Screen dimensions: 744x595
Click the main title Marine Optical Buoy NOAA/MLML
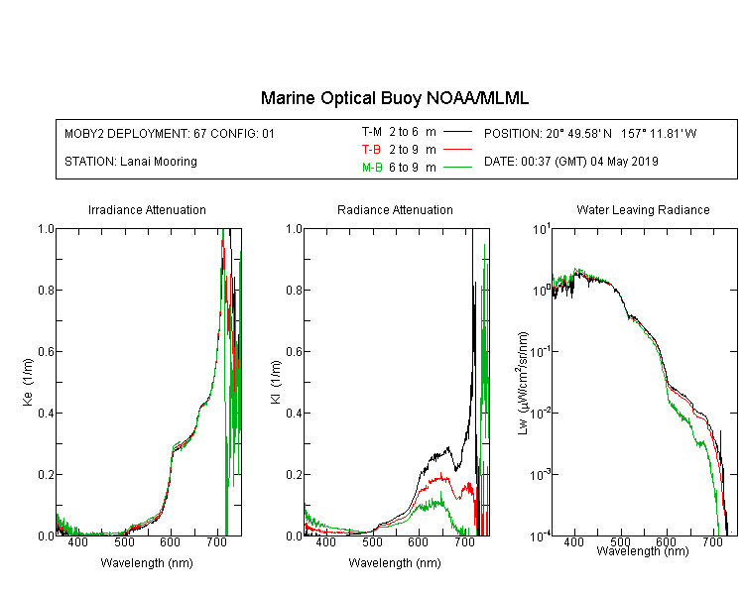[394, 98]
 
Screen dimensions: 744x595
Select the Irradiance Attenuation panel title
[147, 209]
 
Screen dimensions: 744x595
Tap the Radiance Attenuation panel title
[395, 209]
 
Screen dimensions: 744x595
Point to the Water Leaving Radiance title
[643, 209]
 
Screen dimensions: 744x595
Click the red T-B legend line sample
[458, 150]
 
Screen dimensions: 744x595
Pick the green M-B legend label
[372, 168]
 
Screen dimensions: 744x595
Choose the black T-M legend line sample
[458, 132]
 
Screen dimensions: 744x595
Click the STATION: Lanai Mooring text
[131, 162]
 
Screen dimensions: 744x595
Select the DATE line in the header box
[570, 162]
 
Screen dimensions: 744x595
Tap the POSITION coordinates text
[590, 133]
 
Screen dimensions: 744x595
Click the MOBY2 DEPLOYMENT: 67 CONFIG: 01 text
[170, 133]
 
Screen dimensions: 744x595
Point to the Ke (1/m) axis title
[28, 382]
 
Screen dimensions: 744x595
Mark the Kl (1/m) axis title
[276, 382]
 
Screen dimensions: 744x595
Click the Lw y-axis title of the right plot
[523, 383]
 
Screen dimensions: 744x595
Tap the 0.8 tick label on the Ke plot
[46, 290]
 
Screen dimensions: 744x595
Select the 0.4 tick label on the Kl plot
[294, 413]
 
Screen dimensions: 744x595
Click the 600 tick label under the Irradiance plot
[170, 541]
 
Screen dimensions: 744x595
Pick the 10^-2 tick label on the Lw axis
[541, 413]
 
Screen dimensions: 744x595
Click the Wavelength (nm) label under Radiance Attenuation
[395, 563]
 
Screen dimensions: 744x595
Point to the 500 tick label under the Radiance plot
[372, 541]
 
